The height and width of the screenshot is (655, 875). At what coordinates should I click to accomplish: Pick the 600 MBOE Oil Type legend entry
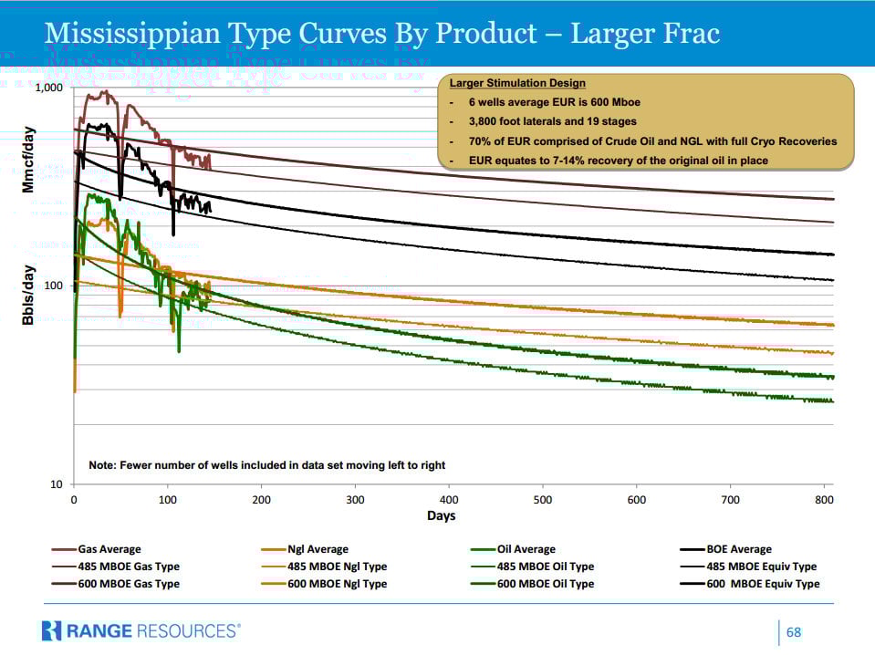(545, 584)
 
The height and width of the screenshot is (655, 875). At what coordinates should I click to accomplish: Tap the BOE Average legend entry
(738, 549)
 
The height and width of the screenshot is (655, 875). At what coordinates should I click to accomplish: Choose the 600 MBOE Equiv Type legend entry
(763, 584)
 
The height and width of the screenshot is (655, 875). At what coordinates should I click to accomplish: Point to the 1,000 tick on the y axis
(48, 88)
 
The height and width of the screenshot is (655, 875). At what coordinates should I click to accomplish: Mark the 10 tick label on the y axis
(57, 484)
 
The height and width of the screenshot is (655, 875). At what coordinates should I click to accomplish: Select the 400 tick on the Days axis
(450, 500)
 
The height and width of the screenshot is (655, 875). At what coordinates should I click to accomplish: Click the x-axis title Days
(442, 516)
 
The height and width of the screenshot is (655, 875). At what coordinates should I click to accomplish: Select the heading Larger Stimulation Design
(517, 84)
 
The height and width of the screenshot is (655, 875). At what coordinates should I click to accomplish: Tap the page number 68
(794, 632)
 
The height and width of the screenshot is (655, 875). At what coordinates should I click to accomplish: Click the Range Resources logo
(141, 630)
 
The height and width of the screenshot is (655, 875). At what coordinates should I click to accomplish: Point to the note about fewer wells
(266, 465)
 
